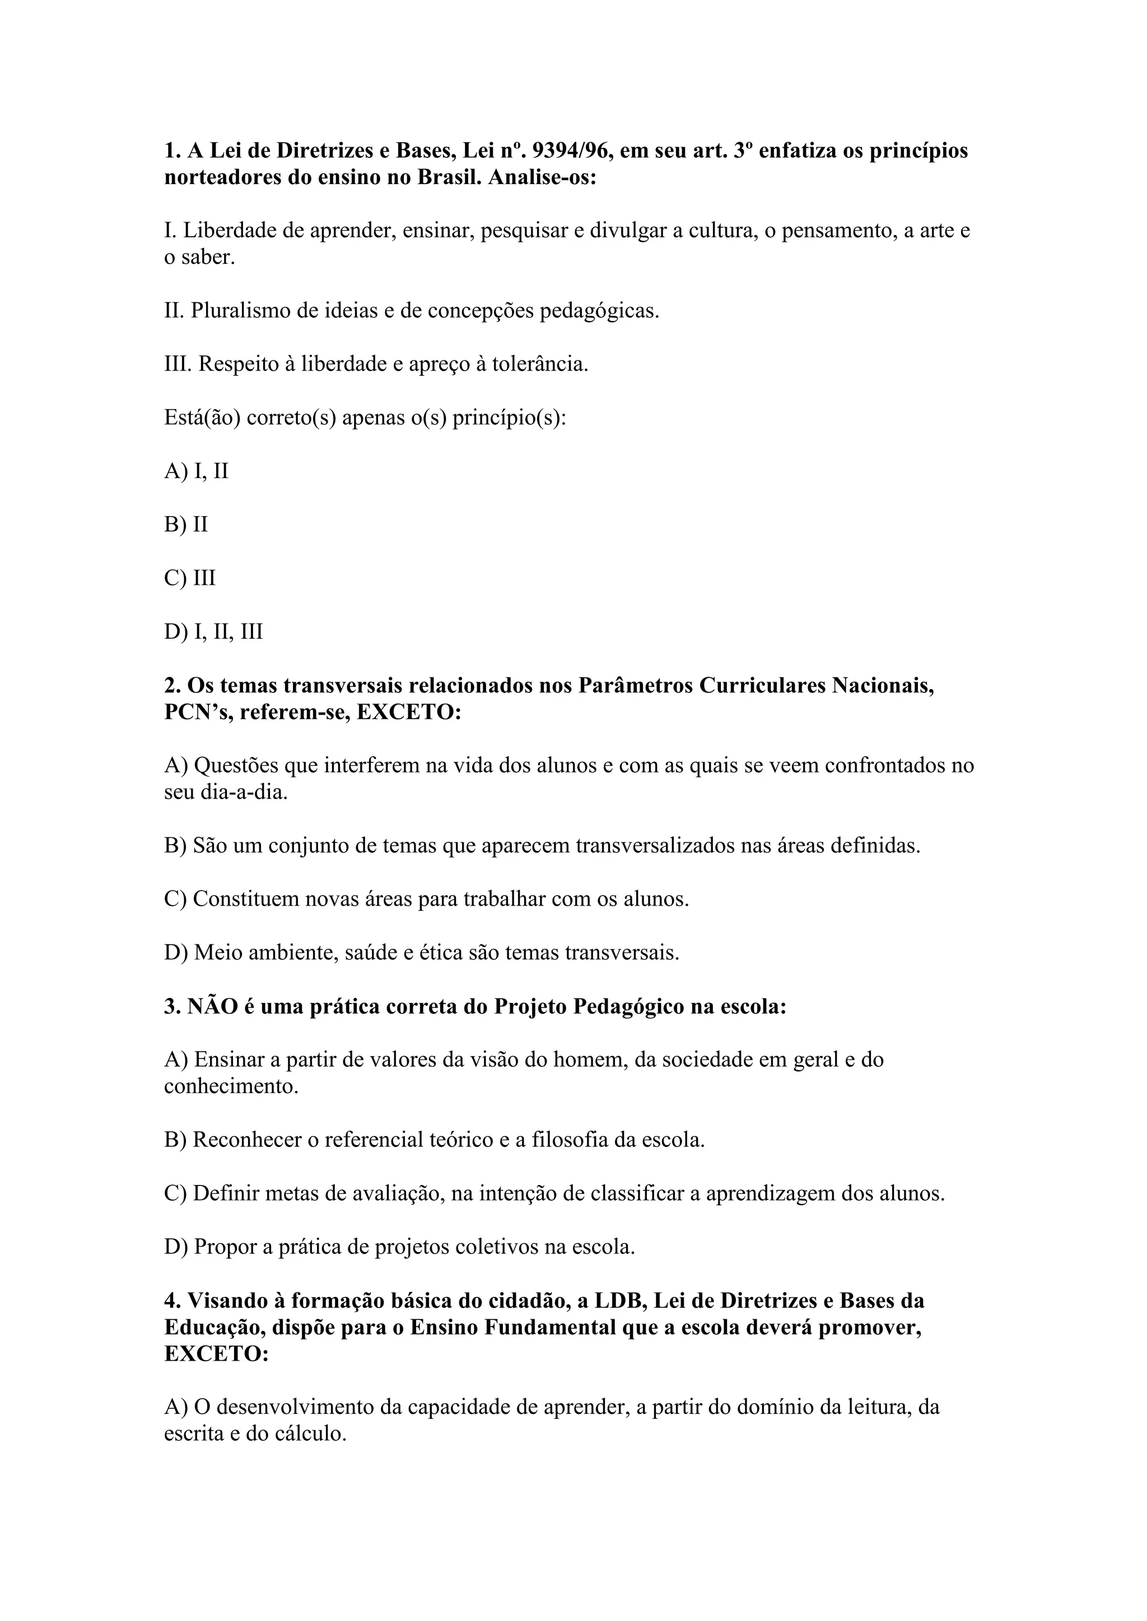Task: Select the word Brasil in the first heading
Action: click(449, 177)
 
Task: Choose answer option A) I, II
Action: click(197, 471)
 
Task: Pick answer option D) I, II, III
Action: click(213, 631)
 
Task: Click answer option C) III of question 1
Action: click(190, 578)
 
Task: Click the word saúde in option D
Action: click(371, 953)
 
